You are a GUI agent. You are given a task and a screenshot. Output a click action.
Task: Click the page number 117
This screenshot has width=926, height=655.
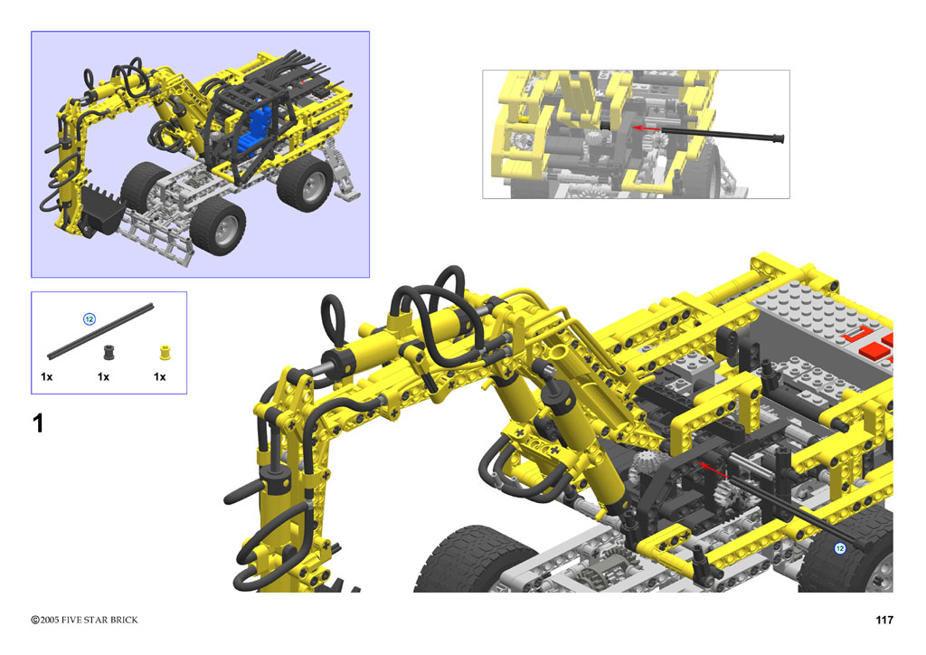884,620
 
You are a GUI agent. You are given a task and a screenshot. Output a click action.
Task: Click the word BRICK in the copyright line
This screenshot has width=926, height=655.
124,620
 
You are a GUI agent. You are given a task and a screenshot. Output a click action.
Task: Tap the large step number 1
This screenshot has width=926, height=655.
38,423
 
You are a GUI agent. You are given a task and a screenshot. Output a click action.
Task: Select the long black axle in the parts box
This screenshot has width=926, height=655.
100,331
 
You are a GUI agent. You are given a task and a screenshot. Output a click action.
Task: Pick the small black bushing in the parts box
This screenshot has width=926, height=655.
109,353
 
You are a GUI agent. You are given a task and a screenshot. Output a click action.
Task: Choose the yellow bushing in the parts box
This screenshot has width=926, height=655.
165,353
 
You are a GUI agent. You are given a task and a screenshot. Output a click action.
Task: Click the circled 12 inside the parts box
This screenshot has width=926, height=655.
90,319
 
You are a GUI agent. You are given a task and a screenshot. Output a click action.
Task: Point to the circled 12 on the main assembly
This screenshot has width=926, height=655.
839,548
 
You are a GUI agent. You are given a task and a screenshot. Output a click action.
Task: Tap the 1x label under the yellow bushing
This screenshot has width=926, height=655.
159,376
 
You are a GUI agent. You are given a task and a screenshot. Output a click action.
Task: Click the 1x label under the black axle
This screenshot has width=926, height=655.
47,376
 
